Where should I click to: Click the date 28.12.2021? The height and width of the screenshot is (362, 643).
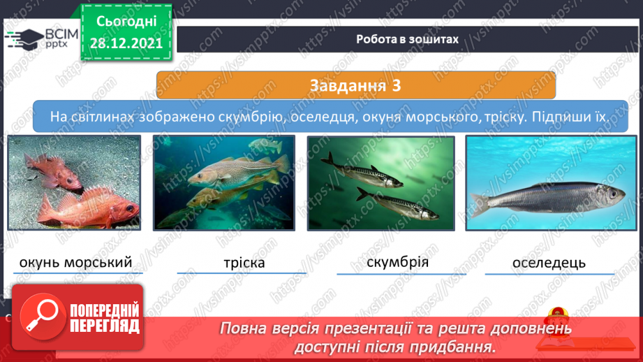tap(126, 43)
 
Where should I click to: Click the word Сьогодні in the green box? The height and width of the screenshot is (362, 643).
tap(126, 22)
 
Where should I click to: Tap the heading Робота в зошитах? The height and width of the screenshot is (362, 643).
tap(407, 39)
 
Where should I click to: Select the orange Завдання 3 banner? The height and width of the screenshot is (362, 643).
tap(356, 85)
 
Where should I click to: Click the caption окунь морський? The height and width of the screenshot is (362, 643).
tap(76, 262)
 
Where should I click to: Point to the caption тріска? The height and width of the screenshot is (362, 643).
tap(244, 263)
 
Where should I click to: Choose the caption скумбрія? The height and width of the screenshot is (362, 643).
tap(398, 262)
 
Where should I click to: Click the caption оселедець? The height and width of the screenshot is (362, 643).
tap(549, 263)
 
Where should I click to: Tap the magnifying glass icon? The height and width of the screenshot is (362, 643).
tap(42, 317)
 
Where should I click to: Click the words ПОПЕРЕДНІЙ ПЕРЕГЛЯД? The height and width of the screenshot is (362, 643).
tap(105, 318)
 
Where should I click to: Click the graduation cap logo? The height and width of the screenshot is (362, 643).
tap(24, 40)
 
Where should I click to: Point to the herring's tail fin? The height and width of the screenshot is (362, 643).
tap(480, 203)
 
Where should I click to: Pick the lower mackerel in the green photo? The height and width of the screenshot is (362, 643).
tap(397, 203)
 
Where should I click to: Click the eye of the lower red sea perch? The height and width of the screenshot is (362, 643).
tap(130, 208)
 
